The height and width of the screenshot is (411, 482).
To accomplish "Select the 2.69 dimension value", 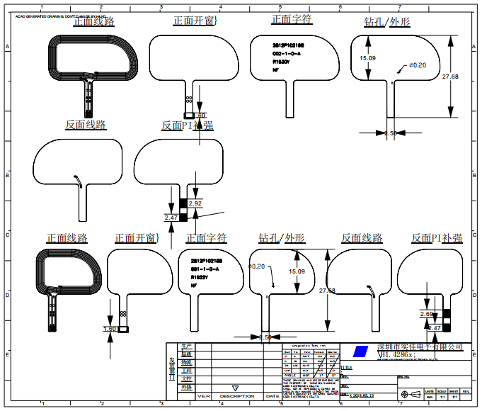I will pyautogui.click(x=426, y=313).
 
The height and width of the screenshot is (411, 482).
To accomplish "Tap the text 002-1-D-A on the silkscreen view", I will pyautogui.click(x=287, y=53).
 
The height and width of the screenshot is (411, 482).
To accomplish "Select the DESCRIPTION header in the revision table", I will pyautogui.click(x=236, y=396).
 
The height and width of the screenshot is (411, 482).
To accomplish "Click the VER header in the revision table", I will pyautogui.click(x=205, y=396).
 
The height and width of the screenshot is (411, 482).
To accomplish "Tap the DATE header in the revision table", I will pyautogui.click(x=272, y=396).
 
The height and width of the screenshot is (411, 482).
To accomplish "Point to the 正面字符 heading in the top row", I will pyautogui.click(x=292, y=20).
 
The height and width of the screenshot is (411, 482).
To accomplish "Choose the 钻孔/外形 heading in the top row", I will pyautogui.click(x=386, y=21).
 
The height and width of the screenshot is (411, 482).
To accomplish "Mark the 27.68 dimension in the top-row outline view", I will pyautogui.click(x=450, y=76).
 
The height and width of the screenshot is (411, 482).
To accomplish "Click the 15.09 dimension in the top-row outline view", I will pyautogui.click(x=367, y=58).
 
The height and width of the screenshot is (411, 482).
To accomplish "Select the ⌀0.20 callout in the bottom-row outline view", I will pyautogui.click(x=256, y=266).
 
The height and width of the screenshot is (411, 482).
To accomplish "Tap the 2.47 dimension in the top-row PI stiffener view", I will pyautogui.click(x=171, y=217).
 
